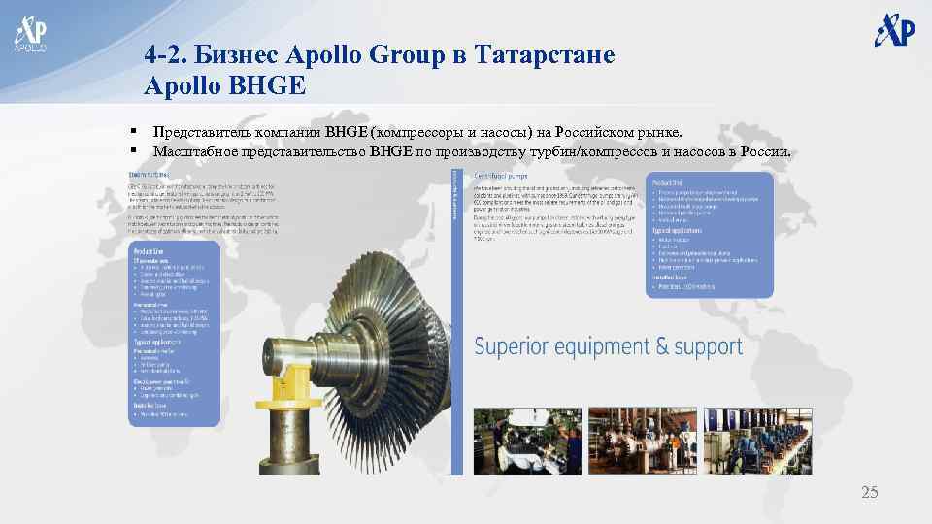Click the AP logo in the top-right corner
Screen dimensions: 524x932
(894, 29)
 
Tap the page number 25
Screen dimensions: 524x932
(869, 493)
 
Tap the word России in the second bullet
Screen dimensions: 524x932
(766, 151)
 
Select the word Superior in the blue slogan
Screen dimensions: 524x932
(521, 346)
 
